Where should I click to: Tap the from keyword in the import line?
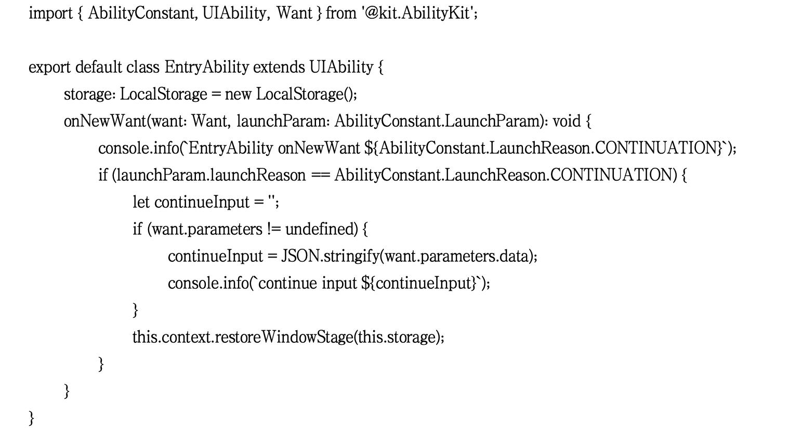341,13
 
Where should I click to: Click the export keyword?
50,68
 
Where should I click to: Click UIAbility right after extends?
341,68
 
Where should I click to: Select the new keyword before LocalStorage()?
238,95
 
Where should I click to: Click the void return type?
566,122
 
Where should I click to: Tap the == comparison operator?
320,176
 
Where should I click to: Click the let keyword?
141,203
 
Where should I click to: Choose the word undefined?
321,230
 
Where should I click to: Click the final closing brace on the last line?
31,417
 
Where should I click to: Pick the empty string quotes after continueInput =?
272,201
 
